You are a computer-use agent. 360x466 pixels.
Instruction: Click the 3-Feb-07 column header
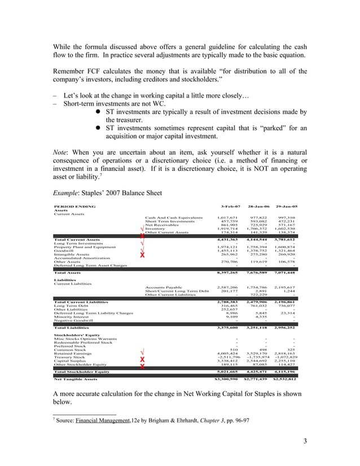[x=230, y=206]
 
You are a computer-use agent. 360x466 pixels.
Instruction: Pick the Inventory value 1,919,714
[x=228, y=228]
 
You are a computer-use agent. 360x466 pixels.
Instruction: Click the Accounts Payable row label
[x=163, y=287]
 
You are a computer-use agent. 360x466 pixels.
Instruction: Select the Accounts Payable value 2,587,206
[x=228, y=287]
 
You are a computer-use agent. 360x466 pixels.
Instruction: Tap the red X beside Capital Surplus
[x=142, y=361]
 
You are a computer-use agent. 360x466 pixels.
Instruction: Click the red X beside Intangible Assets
[x=142, y=255]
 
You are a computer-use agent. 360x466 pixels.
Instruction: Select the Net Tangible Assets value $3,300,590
[x=227, y=380]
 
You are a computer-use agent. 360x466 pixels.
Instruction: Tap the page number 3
[x=305, y=441]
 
